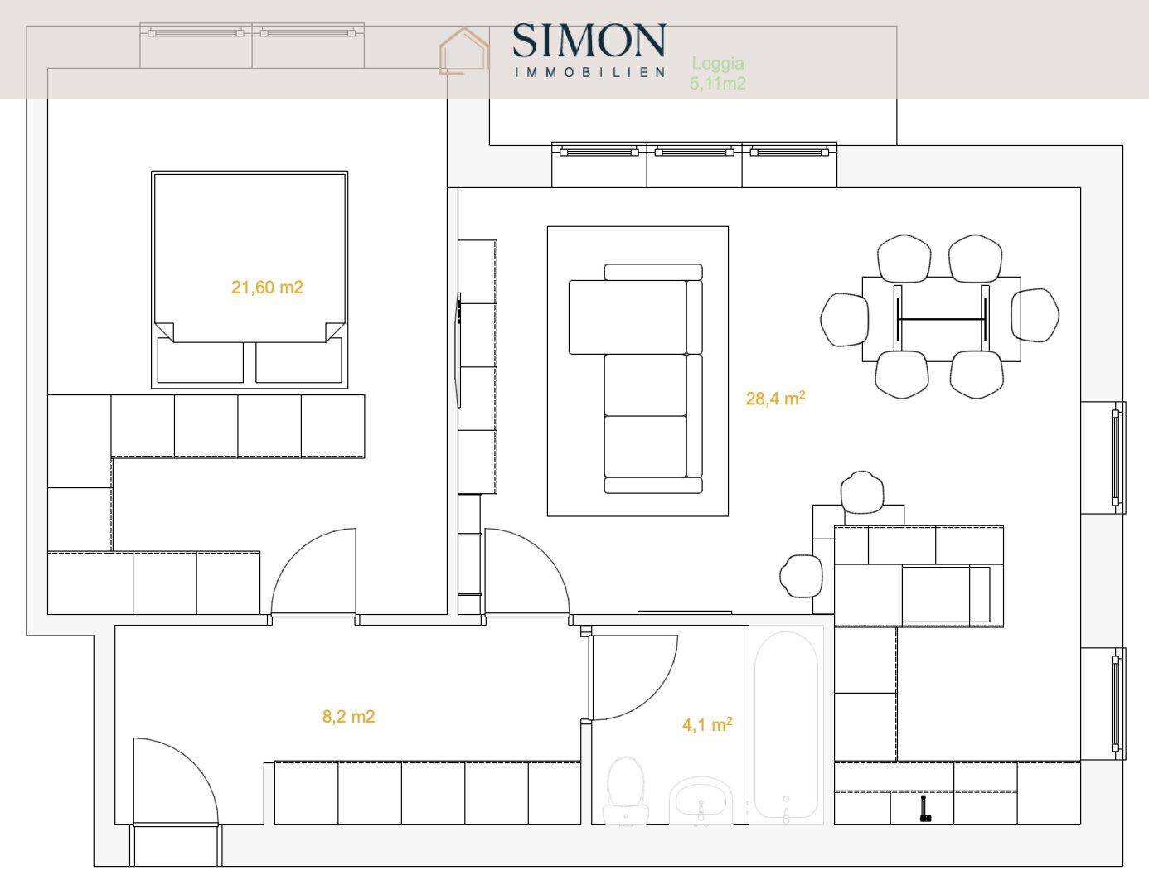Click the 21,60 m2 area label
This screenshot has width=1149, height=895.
click(x=267, y=287)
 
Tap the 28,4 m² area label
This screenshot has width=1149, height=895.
click(x=775, y=398)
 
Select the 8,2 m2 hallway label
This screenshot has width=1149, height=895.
click(x=348, y=717)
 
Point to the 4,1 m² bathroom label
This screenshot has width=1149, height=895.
click(x=707, y=724)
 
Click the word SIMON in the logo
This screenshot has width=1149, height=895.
click(x=589, y=40)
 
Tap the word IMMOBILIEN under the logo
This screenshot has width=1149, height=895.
click(x=589, y=72)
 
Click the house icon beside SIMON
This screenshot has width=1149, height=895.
click(x=463, y=51)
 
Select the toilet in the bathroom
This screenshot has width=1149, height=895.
click(x=626, y=791)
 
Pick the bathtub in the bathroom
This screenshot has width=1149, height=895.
click(x=786, y=724)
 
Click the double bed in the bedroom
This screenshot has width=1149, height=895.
click(x=250, y=279)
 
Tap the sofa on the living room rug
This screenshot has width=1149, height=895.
click(x=636, y=379)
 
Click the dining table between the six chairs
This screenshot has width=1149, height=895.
click(x=941, y=319)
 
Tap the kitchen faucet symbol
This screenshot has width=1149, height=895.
click(x=924, y=809)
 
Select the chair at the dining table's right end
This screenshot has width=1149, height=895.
click(x=1035, y=315)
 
